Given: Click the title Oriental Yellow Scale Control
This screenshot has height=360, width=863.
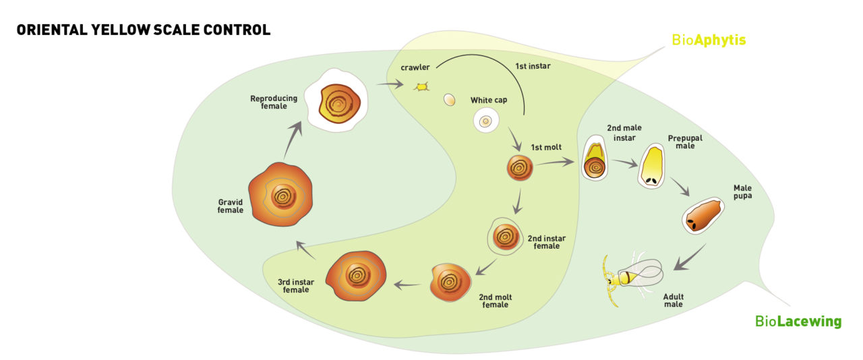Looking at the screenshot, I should click(x=143, y=30).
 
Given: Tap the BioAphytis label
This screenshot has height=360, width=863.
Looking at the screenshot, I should click(x=709, y=40).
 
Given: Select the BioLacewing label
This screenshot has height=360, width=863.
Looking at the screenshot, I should click(x=798, y=322).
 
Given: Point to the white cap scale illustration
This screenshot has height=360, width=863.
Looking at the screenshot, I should click(x=485, y=121).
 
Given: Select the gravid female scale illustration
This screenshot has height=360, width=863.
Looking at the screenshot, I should click(x=282, y=196).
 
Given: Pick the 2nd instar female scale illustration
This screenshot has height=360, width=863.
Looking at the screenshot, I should click(x=505, y=236).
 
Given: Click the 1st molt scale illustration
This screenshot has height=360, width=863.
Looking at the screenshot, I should click(x=520, y=168).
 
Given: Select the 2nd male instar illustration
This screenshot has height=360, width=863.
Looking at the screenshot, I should click(x=595, y=159).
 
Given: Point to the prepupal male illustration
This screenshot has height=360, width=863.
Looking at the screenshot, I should click(x=652, y=166).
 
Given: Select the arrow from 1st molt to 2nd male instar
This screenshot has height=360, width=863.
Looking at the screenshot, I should click(x=557, y=162).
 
